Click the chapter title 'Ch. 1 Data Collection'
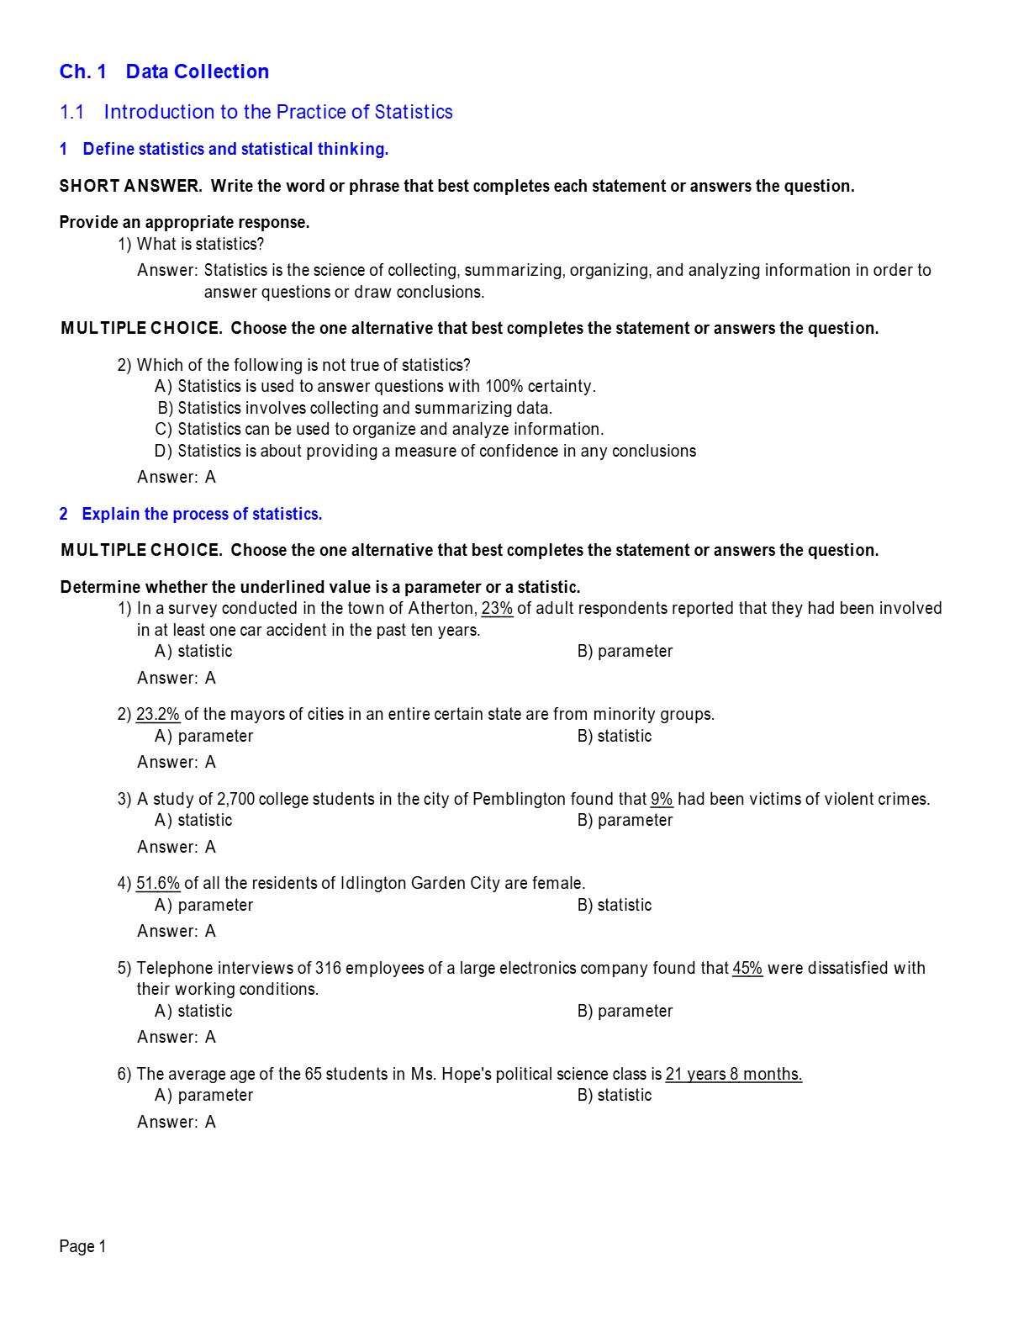pos(164,71)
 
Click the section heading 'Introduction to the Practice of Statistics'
pos(277,112)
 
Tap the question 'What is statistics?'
pos(200,244)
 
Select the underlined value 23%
pos(497,608)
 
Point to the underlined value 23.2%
pos(158,714)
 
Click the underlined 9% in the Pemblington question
pos(662,799)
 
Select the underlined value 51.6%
pos(158,883)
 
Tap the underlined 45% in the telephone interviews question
pos(747,968)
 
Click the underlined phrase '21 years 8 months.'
pos(733,1074)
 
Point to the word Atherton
pos(441,608)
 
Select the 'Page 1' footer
pos(82,1246)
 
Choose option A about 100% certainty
pos(375,386)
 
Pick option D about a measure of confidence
pos(425,451)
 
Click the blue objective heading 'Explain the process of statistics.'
pos(202,514)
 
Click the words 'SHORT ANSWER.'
pos(130,186)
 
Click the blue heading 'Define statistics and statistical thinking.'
pos(235,149)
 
